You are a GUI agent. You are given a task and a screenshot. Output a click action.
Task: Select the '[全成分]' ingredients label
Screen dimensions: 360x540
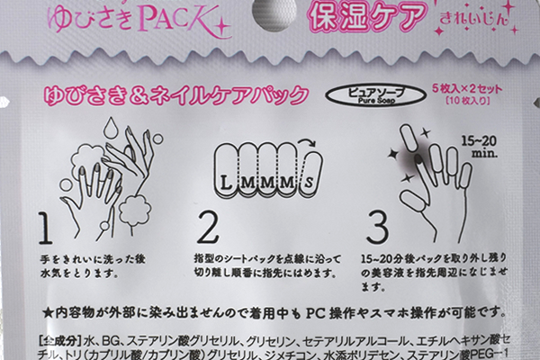62,343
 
